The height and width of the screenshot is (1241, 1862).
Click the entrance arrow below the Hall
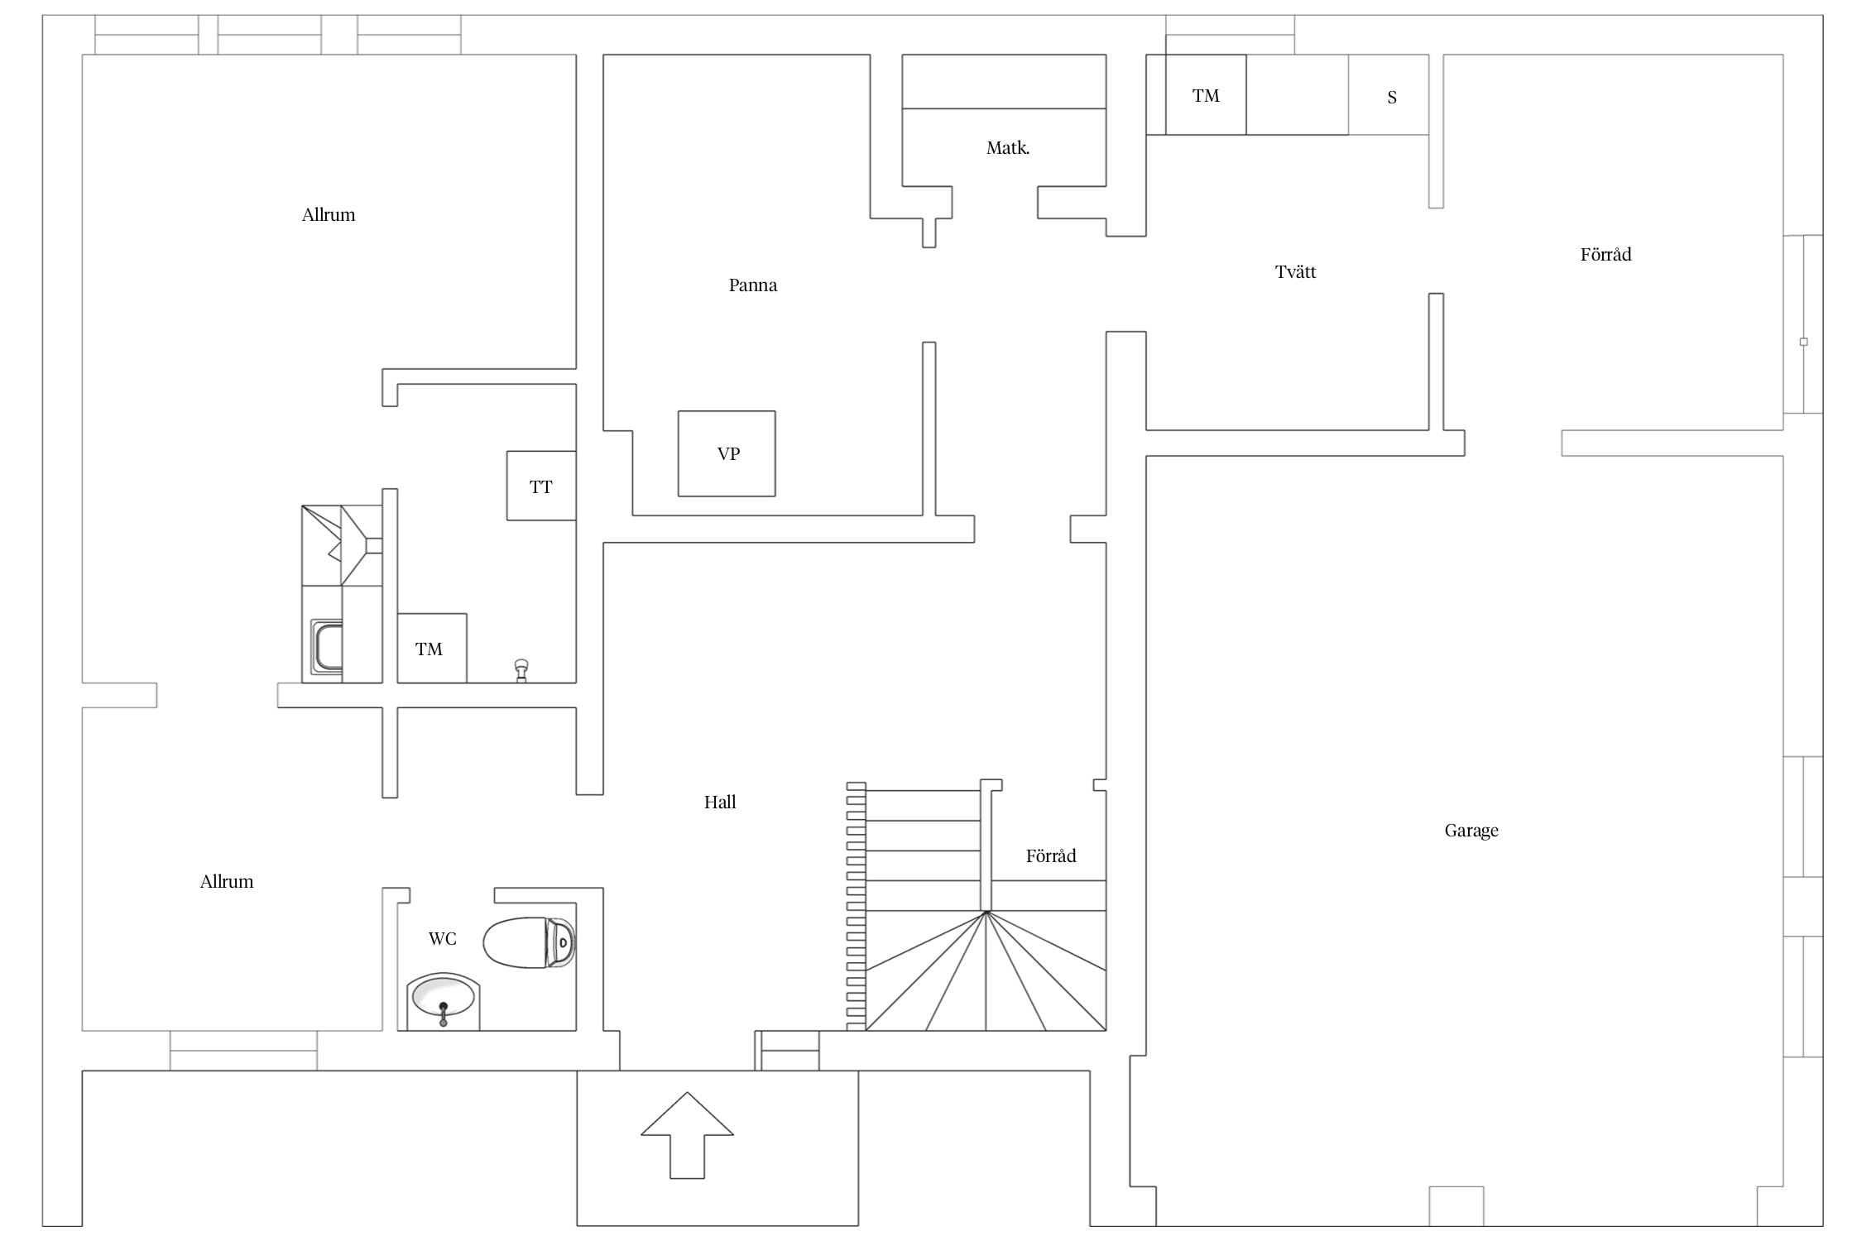687,1135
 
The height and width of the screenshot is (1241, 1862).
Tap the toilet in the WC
530,942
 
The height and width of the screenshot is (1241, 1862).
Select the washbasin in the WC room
443,1002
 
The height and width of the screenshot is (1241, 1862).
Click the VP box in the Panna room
727,453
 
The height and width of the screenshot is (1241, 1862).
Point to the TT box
541,486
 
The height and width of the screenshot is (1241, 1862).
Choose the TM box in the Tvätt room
1206,94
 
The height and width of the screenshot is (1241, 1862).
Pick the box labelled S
1389,94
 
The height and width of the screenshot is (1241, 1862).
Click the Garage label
1471,831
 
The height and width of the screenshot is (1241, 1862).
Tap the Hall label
720,802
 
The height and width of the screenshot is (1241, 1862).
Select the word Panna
753,285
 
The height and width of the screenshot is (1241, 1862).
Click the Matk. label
1008,148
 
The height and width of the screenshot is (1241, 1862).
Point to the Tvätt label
1295,271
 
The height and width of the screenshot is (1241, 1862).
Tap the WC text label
443,938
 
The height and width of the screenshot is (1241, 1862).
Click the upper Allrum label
329,215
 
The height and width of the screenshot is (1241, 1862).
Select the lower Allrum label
227,882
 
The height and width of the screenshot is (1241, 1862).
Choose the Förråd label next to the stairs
1051,855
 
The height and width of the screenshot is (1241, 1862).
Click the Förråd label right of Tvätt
1606,254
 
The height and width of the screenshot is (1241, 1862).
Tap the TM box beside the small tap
432,648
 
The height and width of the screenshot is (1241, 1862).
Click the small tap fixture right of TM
521,670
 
